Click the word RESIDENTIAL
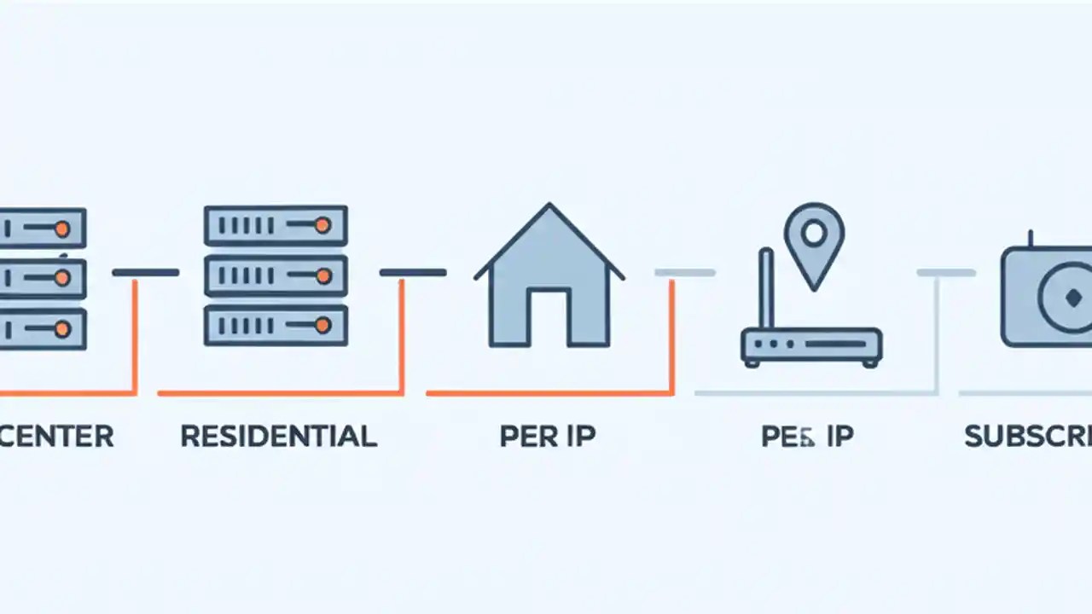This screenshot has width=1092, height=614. pyautogui.click(x=278, y=436)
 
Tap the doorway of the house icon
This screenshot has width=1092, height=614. pyautogui.click(x=549, y=316)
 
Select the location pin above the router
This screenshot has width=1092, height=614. pyautogui.click(x=815, y=239)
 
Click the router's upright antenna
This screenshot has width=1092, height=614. pyautogui.click(x=765, y=290)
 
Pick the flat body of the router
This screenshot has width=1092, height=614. pyautogui.click(x=810, y=346)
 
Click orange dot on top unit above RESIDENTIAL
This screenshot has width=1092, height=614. pyautogui.click(x=322, y=225)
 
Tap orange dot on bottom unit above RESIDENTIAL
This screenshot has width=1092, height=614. pyautogui.click(x=322, y=325)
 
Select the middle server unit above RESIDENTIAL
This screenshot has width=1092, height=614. pyautogui.click(x=276, y=275)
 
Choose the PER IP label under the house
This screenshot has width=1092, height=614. pyautogui.click(x=548, y=436)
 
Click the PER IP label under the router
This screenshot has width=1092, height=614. pyautogui.click(x=807, y=436)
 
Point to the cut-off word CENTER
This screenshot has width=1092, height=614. pyautogui.click(x=56, y=436)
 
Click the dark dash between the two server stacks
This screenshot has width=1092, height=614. pyautogui.click(x=145, y=273)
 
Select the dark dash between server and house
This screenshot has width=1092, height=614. pyautogui.click(x=412, y=273)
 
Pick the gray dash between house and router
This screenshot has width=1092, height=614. pyautogui.click(x=684, y=273)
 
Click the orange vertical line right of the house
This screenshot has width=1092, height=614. pyautogui.click(x=671, y=337)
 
